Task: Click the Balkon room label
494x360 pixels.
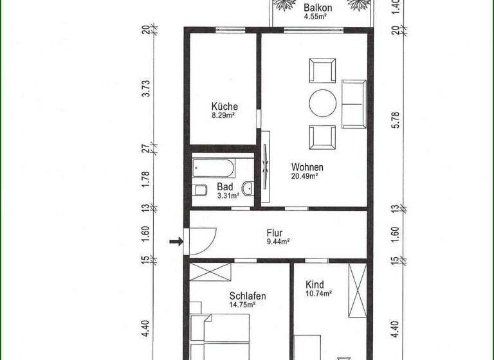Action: (318, 8)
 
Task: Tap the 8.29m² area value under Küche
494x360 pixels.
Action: (224, 117)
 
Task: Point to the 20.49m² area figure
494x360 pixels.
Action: (306, 176)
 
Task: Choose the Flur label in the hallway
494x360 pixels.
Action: (275, 233)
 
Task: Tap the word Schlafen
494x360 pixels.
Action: (248, 296)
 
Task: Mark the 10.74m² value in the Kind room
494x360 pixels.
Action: (318, 294)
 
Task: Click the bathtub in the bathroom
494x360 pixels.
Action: (214, 168)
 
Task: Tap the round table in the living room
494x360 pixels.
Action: (322, 102)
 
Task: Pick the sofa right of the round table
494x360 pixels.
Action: (354, 103)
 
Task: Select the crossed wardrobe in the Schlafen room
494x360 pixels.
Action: (210, 272)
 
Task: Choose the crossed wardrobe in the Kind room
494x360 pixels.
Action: (356, 290)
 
